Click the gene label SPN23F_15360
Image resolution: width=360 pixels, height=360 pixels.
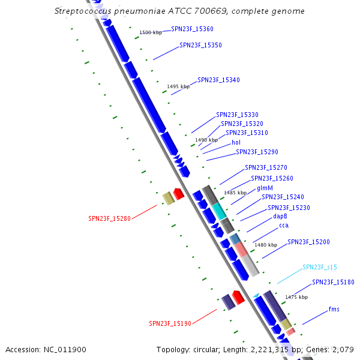coord(192,29)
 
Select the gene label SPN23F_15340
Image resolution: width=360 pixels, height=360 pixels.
coord(218,80)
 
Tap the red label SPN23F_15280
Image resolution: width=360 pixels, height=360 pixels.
coord(109,218)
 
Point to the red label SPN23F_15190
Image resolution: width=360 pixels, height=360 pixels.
coord(170,323)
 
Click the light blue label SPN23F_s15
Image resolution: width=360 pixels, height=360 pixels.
coord(320,267)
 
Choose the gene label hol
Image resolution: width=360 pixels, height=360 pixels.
coord(236,143)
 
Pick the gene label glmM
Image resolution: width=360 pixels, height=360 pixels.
coord(265,188)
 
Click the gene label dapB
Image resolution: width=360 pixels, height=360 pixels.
coord(280,216)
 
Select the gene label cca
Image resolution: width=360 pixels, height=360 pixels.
coord(284,226)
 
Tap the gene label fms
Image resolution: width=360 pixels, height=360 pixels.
coord(334,309)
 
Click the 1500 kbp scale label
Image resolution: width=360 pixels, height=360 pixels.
coord(150,32)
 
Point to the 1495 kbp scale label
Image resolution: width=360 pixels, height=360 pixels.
coord(178,86)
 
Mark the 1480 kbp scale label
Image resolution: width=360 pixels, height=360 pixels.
coord(266,245)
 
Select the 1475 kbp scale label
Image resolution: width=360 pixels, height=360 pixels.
coord(296,297)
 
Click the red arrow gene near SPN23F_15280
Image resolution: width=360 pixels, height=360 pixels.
coord(178,194)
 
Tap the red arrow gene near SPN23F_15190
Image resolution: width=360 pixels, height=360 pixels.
coord(238,296)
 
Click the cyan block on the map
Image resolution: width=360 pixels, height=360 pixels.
coord(218,210)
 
